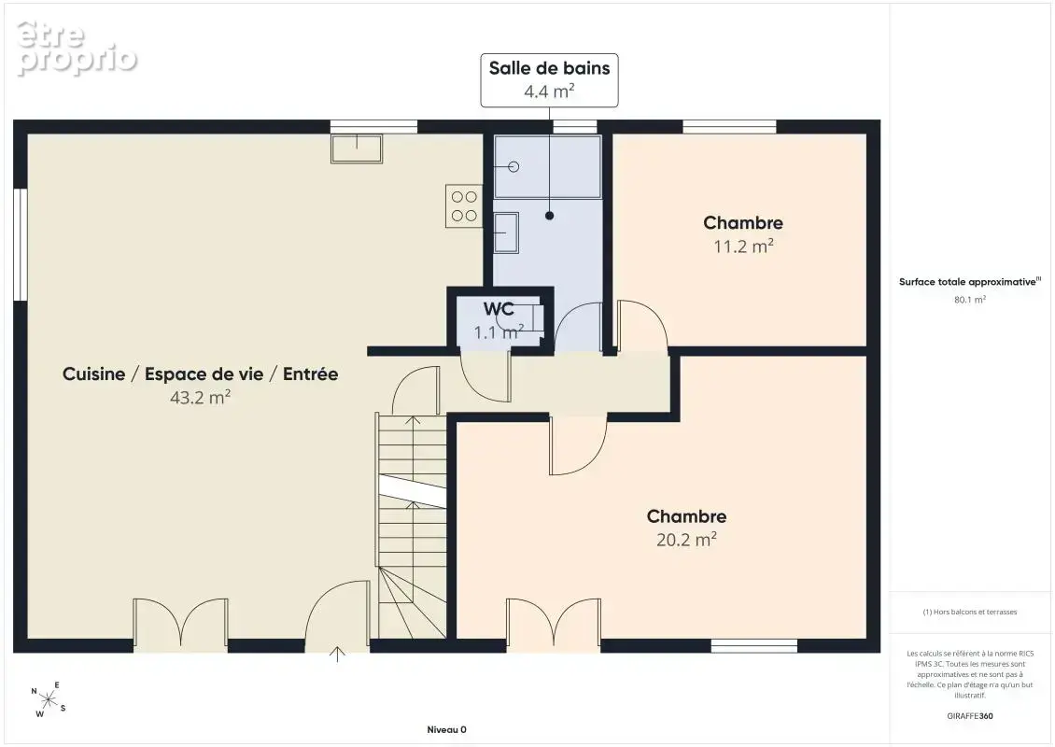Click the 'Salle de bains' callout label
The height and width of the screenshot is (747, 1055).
point(549,68)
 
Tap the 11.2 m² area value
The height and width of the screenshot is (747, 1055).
point(743,247)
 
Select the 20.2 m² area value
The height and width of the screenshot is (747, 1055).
point(686,540)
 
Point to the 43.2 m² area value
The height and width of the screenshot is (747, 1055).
point(201,397)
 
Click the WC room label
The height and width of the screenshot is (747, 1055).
point(499,309)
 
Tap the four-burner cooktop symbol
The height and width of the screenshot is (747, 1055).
point(464,206)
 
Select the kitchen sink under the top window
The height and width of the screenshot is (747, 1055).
point(357,148)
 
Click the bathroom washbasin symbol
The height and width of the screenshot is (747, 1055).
point(506,233)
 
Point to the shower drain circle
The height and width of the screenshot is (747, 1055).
point(514,167)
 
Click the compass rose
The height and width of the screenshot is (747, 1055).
point(49,700)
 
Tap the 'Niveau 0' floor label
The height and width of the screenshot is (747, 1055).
point(447,729)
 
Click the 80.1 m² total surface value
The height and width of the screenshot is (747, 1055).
point(969,300)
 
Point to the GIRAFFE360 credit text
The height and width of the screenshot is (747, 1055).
point(969,716)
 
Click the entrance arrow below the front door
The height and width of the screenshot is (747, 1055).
point(337,655)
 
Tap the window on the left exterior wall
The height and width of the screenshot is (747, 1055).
point(21,245)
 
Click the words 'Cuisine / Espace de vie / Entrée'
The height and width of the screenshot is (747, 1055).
point(201,374)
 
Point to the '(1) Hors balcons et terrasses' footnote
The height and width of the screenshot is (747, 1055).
point(969,612)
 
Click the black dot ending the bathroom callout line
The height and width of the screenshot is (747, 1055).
point(550,216)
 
